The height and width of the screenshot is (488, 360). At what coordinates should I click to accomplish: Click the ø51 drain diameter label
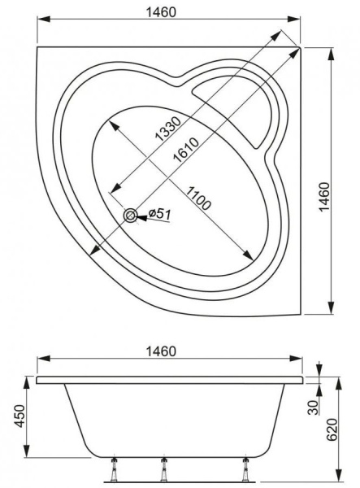(161, 215)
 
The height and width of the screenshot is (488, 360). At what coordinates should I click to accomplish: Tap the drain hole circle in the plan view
(130, 215)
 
